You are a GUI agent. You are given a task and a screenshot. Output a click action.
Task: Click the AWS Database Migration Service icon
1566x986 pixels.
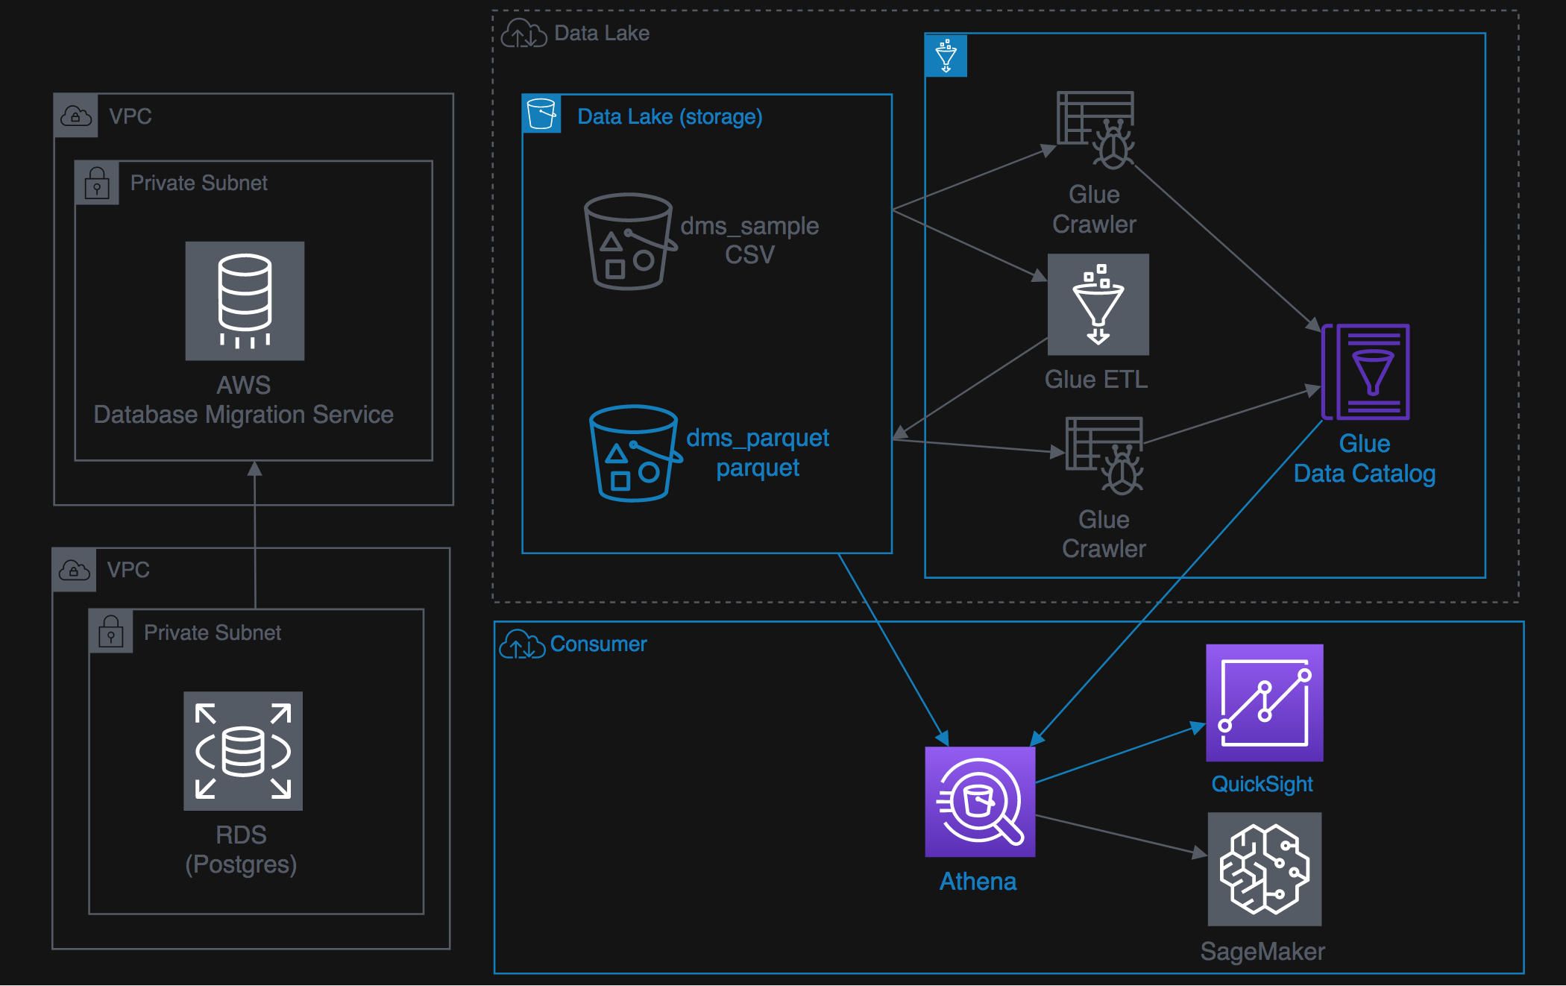click(x=245, y=301)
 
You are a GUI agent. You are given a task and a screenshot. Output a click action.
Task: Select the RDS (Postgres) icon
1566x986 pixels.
click(x=243, y=751)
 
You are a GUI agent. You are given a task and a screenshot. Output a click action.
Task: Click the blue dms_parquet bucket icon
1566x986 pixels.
click(x=635, y=453)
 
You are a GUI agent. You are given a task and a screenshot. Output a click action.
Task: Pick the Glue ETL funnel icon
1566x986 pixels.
click(x=1098, y=304)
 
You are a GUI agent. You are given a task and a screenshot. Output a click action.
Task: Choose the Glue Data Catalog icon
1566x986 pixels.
click(x=1365, y=371)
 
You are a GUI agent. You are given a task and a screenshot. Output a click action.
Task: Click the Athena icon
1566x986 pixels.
click(x=980, y=802)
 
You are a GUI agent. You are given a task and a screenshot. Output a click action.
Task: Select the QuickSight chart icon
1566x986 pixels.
click(x=1265, y=703)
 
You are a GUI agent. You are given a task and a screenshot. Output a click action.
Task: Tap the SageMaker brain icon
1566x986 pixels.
click(x=1265, y=869)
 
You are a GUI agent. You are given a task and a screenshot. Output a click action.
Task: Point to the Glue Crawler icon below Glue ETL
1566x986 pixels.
click(x=1104, y=455)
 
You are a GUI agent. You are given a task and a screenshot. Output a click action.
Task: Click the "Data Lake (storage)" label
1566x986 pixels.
click(x=670, y=117)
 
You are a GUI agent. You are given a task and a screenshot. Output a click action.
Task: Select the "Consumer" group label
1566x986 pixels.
click(x=598, y=644)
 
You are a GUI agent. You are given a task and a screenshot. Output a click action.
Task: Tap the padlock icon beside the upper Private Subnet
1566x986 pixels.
click(x=97, y=183)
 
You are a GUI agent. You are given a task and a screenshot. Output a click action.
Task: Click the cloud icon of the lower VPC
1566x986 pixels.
click(x=75, y=571)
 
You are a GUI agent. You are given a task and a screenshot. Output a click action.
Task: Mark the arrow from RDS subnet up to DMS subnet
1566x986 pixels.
click(x=255, y=535)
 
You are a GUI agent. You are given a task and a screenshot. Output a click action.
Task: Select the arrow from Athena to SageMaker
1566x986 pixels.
click(x=1122, y=835)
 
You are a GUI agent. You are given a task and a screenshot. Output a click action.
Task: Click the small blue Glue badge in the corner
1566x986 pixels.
click(x=946, y=55)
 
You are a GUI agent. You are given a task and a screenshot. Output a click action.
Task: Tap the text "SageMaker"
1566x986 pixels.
click(x=1262, y=951)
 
